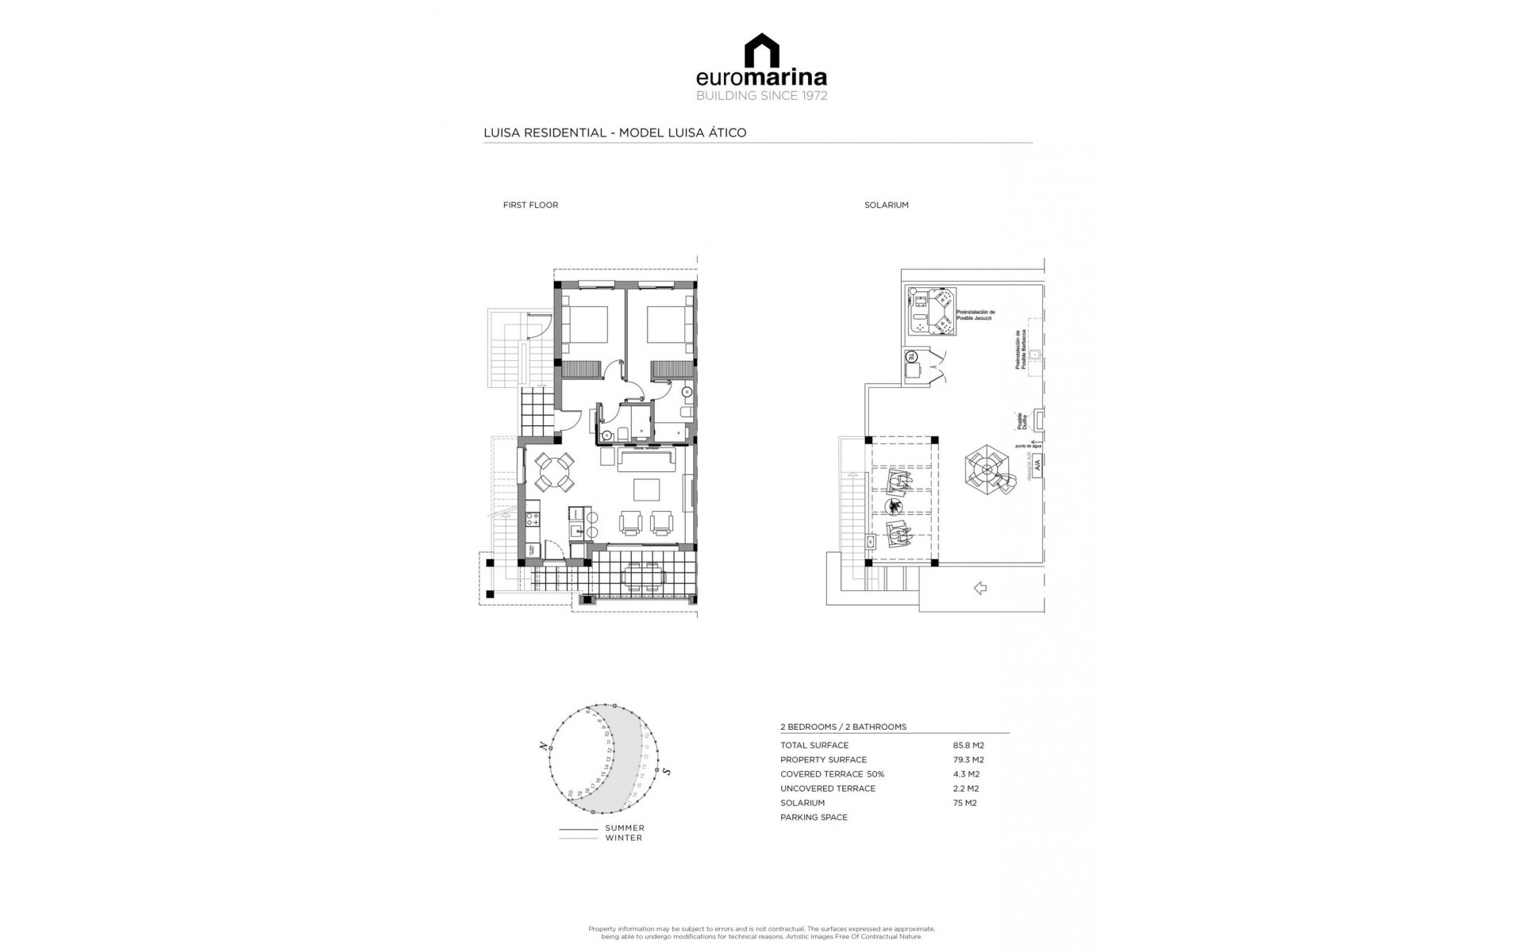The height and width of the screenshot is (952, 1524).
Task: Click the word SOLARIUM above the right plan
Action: pyautogui.click(x=886, y=205)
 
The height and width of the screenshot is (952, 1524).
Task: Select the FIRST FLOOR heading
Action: pyautogui.click(x=530, y=205)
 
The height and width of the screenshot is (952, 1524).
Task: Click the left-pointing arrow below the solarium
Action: pyautogui.click(x=979, y=588)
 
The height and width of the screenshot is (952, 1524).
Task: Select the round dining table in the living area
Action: pyautogui.click(x=553, y=471)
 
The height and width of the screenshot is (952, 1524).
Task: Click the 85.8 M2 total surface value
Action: pyautogui.click(x=968, y=746)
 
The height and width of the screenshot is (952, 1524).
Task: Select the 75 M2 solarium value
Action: pyautogui.click(x=964, y=803)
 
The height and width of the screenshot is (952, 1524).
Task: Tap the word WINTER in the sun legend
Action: pyautogui.click(x=623, y=838)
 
